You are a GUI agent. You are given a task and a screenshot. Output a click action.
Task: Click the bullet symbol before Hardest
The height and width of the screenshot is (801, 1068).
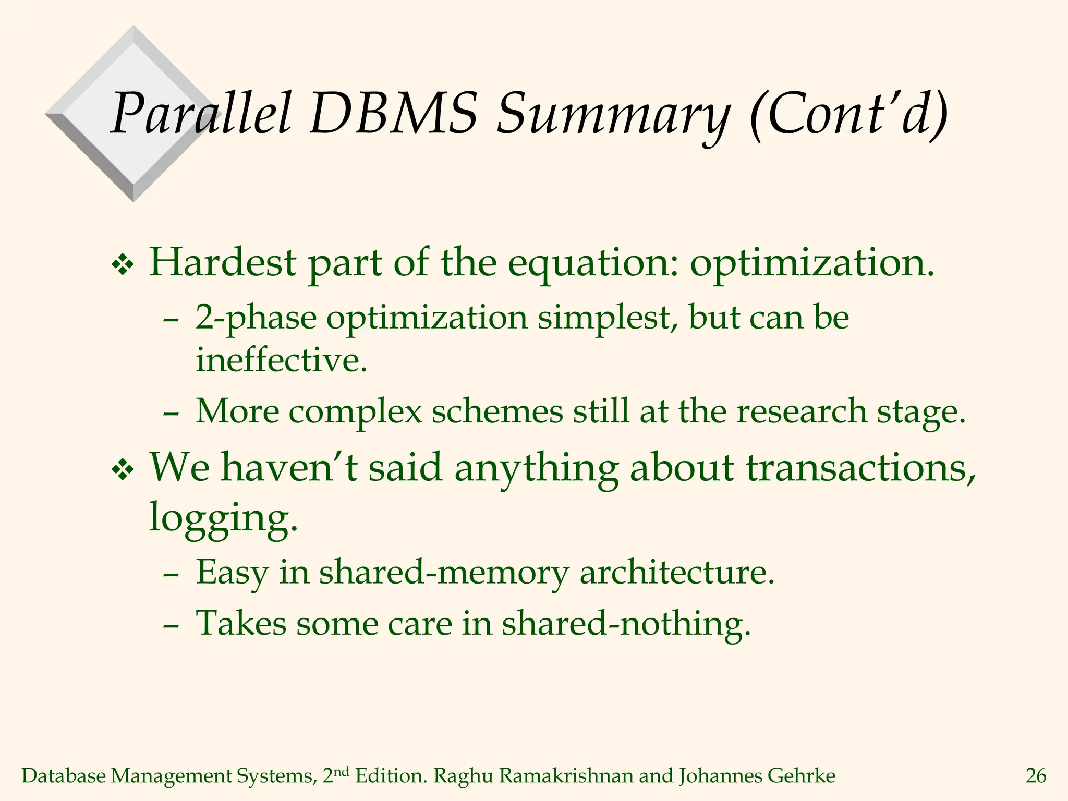(x=123, y=266)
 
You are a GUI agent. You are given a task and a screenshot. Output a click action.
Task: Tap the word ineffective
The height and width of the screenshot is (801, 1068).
(x=281, y=360)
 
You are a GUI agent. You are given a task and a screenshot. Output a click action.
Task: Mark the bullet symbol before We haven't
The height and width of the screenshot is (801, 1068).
(x=123, y=471)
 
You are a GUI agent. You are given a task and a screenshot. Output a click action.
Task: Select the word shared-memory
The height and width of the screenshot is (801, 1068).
(x=443, y=573)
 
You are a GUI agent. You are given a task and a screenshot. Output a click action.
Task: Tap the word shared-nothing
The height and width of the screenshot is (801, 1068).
(x=625, y=624)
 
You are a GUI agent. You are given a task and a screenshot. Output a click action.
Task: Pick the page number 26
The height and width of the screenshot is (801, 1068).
(x=1036, y=776)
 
